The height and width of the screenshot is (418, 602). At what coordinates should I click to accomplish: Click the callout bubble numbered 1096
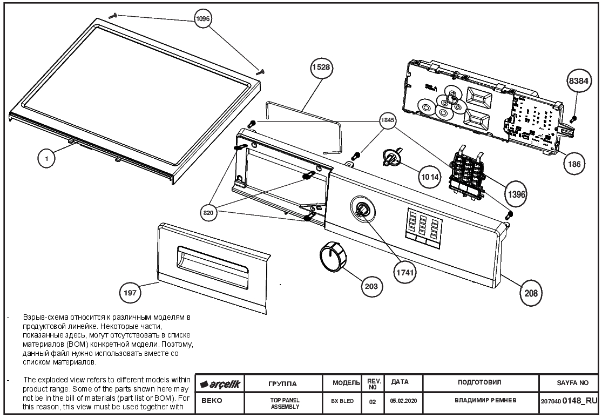pos(202,18)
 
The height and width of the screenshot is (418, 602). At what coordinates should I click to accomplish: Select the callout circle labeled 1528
pos(321,67)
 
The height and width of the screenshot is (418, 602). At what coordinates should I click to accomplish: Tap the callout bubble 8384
pos(578,80)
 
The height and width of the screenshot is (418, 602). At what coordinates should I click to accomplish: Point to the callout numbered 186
pos(574,164)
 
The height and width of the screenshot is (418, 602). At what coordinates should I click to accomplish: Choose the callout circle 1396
pos(516,194)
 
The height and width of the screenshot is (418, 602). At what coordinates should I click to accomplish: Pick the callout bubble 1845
pos(387,120)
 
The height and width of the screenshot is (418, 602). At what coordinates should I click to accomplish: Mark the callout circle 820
pos(208,213)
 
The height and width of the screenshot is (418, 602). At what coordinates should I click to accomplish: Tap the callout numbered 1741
pos(405,272)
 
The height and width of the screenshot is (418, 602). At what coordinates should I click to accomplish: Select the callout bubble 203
pos(371,286)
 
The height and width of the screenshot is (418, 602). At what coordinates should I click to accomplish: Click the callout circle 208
pos(531,293)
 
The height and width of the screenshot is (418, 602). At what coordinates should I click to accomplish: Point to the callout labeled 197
pos(130,293)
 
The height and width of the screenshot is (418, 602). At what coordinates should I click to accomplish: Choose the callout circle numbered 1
pos(47,158)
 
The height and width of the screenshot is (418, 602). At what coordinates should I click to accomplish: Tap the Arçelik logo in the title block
pos(220,384)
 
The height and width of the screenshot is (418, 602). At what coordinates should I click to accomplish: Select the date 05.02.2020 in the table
pos(403,400)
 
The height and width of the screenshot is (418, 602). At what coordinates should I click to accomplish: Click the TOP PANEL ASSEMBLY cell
pos(285,403)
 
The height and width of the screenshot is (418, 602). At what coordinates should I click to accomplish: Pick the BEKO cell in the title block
pos(212,400)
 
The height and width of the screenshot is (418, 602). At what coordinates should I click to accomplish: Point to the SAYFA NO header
pos(572,383)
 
